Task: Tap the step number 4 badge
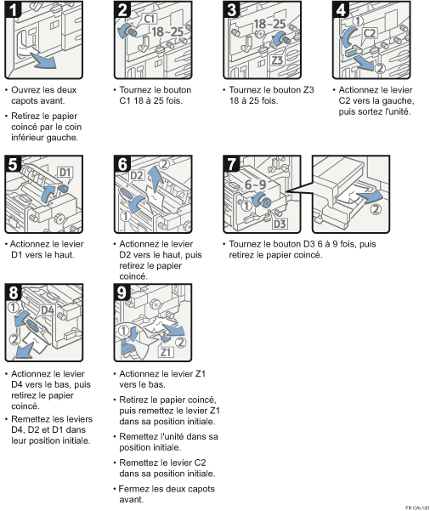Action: point(342,10)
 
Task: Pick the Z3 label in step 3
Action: point(277,60)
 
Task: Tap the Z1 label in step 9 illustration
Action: point(167,352)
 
